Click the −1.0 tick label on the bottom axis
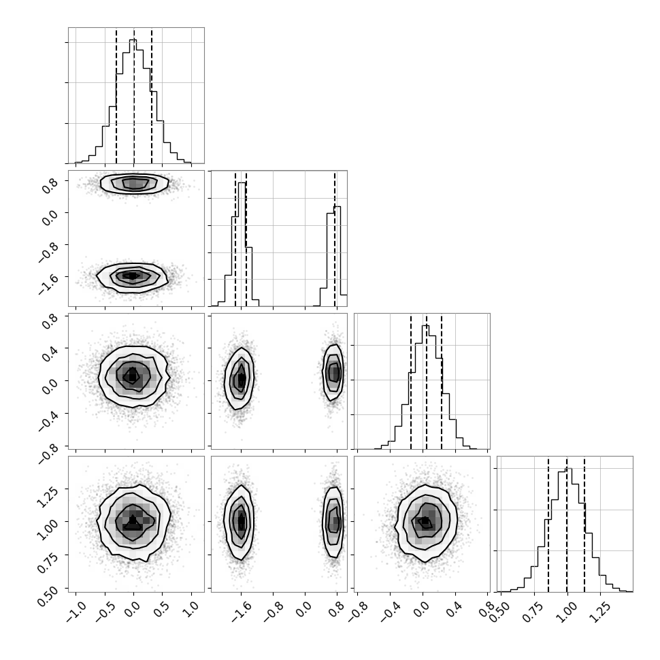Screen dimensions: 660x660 [77, 611]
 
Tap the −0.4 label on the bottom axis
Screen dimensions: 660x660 [390, 611]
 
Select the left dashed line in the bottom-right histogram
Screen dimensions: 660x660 [548, 524]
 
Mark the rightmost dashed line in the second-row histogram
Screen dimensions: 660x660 [335, 238]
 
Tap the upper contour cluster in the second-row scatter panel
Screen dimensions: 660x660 [135, 183]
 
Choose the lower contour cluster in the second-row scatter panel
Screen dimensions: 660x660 [132, 276]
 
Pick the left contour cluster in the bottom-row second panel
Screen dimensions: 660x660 [240, 522]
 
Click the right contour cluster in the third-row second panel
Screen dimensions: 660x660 [334, 372]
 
